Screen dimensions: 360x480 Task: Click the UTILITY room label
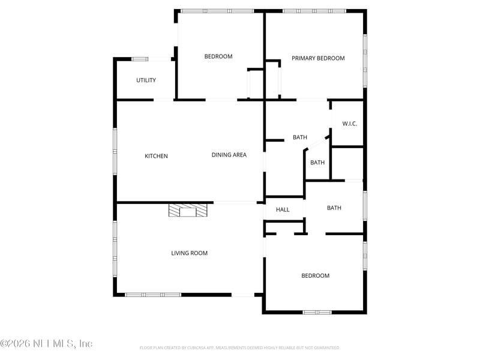[x=146, y=80]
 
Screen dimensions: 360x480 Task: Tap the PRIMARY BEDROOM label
[x=318, y=58]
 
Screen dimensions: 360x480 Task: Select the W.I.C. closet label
[x=350, y=124]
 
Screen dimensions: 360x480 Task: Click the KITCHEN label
[x=156, y=156]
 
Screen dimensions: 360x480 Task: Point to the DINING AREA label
[x=229, y=155]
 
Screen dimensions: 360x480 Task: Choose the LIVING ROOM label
[x=189, y=253]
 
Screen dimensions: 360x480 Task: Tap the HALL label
[x=283, y=209]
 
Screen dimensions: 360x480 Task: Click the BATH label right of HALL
[x=334, y=208]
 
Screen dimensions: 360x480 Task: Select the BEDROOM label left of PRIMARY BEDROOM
[x=218, y=56]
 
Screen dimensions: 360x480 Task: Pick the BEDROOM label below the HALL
[x=315, y=275]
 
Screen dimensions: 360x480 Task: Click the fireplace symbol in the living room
[x=188, y=210]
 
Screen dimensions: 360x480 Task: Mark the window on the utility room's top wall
[x=140, y=59]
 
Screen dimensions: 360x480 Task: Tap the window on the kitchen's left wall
[x=115, y=151]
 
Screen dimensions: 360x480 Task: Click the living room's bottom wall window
[x=153, y=295]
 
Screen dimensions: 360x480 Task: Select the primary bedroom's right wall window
[x=365, y=60]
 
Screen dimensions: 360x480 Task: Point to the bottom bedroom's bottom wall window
[x=317, y=312]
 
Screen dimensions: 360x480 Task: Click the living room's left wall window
[x=115, y=249]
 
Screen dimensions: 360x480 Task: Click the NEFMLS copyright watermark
[x=46, y=344]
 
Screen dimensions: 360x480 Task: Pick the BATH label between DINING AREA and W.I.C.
[x=300, y=137]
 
